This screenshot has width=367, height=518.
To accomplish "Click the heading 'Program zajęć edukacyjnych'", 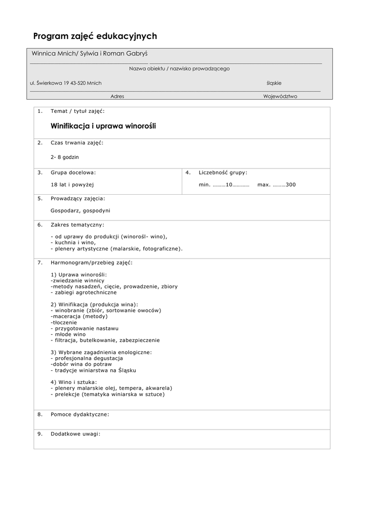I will tap(95, 36).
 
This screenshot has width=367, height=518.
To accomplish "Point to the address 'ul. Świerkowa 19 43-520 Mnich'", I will tap(66, 83).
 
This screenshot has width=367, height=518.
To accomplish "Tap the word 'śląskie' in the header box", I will tap(274, 83).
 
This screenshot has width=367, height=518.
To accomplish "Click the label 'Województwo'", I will tap(280, 96).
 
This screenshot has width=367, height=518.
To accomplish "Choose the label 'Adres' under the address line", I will tap(117, 96).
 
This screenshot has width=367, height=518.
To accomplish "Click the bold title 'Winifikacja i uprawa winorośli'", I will tap(103, 126).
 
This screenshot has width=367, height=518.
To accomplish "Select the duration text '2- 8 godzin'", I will tap(65, 157).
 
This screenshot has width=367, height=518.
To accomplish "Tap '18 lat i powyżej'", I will tap(72, 185).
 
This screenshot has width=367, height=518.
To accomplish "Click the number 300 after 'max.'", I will tap(291, 185).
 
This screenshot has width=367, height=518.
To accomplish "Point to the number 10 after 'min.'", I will tap(229, 185).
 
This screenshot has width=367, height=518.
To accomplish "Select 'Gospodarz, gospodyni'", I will tap(80, 210).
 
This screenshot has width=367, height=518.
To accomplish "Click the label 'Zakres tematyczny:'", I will tap(77, 224).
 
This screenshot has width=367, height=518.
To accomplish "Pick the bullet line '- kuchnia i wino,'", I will tap(73, 242).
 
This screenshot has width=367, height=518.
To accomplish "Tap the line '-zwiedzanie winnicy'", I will tap(77, 280).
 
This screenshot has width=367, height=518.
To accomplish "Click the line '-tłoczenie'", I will tap(64, 322).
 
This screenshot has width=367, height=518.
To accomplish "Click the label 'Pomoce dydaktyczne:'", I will tap(80, 414).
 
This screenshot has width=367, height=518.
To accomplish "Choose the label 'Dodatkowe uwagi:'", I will tap(75, 434).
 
